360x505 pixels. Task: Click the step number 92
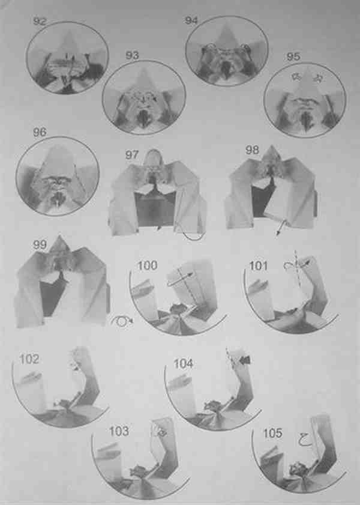click(40, 22)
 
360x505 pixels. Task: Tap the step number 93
click(132, 55)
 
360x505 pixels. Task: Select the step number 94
click(191, 20)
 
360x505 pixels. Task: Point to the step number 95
click(293, 56)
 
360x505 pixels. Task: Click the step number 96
click(40, 132)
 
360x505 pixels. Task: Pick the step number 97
click(132, 155)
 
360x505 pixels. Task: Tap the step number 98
click(252, 150)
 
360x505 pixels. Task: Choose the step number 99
click(40, 245)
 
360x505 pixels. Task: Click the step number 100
click(148, 265)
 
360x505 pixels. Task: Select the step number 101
click(259, 266)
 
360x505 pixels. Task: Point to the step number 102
click(29, 359)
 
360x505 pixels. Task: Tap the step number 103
click(119, 431)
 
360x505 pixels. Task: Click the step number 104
click(184, 364)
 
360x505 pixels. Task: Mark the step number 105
click(273, 434)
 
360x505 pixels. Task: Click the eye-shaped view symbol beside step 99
click(121, 322)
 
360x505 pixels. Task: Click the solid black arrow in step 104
click(245, 360)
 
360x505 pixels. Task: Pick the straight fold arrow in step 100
click(180, 280)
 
